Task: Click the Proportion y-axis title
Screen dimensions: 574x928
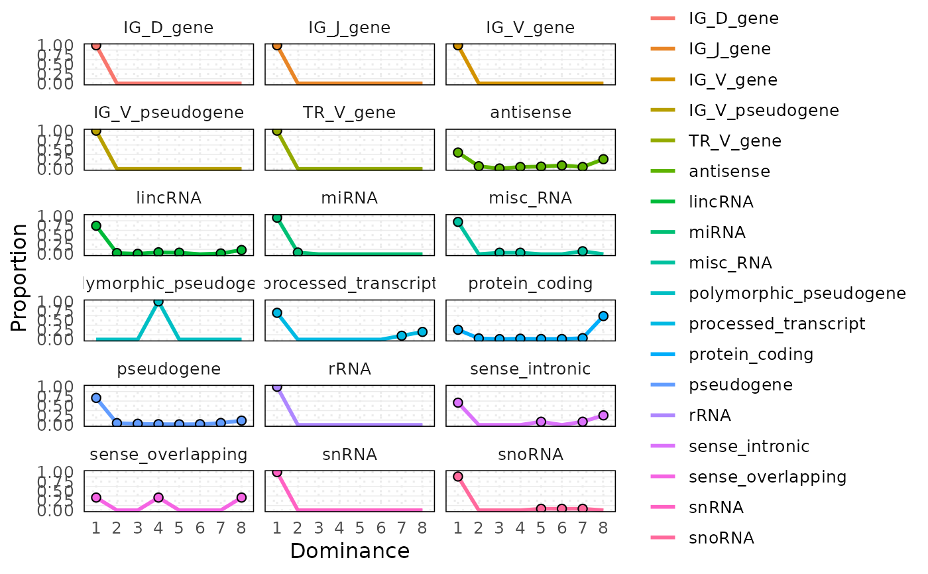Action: pos(20,277)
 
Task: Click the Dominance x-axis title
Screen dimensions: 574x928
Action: pos(349,551)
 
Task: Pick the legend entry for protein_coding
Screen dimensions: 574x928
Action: pos(751,354)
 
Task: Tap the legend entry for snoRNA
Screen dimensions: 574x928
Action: pos(721,538)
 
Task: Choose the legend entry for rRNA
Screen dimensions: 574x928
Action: pos(710,416)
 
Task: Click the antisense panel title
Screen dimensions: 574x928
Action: pos(530,113)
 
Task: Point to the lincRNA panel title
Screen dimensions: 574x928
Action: pos(168,198)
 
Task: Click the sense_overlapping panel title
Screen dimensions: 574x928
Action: pos(168,455)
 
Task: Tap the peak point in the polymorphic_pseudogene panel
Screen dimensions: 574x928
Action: pos(158,302)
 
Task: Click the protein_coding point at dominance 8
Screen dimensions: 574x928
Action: pos(603,316)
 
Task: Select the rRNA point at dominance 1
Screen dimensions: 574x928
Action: pos(277,386)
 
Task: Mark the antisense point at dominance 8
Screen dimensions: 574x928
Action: pos(603,159)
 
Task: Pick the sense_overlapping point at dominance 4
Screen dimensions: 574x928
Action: pos(158,497)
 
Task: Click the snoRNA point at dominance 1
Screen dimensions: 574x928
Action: pos(458,477)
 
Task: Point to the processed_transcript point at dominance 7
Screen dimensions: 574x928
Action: pos(401,335)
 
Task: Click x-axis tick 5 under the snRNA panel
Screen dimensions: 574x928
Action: pos(359,528)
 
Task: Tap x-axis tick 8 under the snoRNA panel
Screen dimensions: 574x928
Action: pos(603,528)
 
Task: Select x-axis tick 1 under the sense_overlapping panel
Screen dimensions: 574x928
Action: pos(96,528)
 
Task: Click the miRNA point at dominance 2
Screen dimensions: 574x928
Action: pos(298,253)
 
